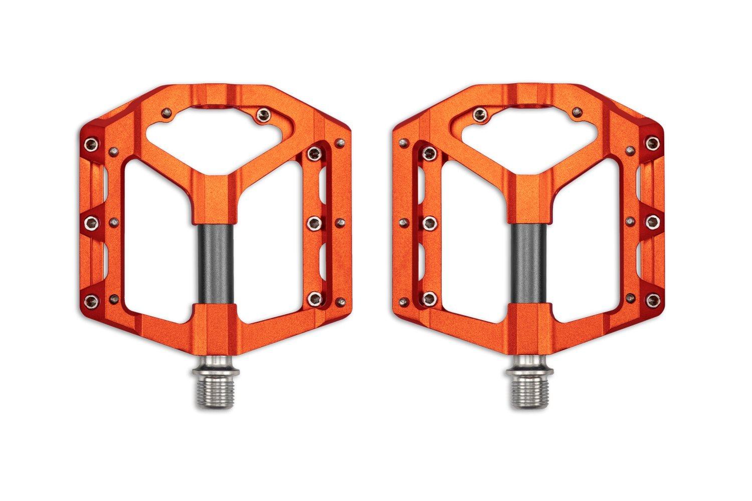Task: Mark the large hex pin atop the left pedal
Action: point(261,116)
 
